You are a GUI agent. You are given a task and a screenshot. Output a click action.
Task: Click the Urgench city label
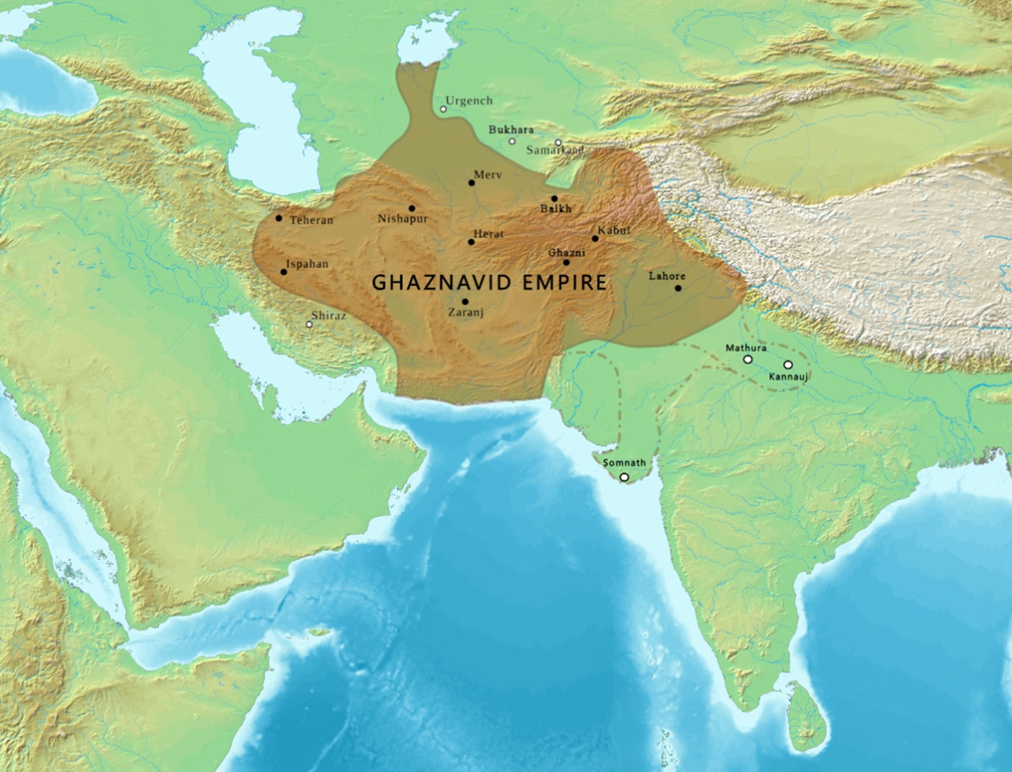pos(469,100)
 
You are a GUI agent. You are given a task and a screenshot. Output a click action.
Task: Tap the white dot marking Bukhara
pos(512,142)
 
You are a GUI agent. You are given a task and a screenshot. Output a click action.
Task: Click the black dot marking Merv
pos(472,183)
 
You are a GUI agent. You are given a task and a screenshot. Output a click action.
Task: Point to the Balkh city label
pos(555,209)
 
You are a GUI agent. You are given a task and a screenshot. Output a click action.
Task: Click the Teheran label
pos(312,220)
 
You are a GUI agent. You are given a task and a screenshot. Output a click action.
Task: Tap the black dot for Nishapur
pos(412,208)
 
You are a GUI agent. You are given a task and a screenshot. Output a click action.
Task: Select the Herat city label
pos(488,235)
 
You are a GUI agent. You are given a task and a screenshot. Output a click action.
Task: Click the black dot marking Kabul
pos(595,238)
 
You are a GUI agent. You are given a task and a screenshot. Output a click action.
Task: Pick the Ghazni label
pos(566,252)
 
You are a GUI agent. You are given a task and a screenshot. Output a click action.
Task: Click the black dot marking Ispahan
pos(284,272)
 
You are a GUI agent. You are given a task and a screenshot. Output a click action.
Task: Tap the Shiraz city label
pos(328,316)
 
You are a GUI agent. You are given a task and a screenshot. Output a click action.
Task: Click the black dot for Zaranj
pos(465,301)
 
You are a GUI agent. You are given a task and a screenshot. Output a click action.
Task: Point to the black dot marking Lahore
pos(678,288)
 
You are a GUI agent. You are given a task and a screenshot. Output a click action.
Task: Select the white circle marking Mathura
pos(747,359)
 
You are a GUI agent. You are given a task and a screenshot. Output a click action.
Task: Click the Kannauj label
pos(788,377)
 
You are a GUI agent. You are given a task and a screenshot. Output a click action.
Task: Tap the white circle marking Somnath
pos(625,477)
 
